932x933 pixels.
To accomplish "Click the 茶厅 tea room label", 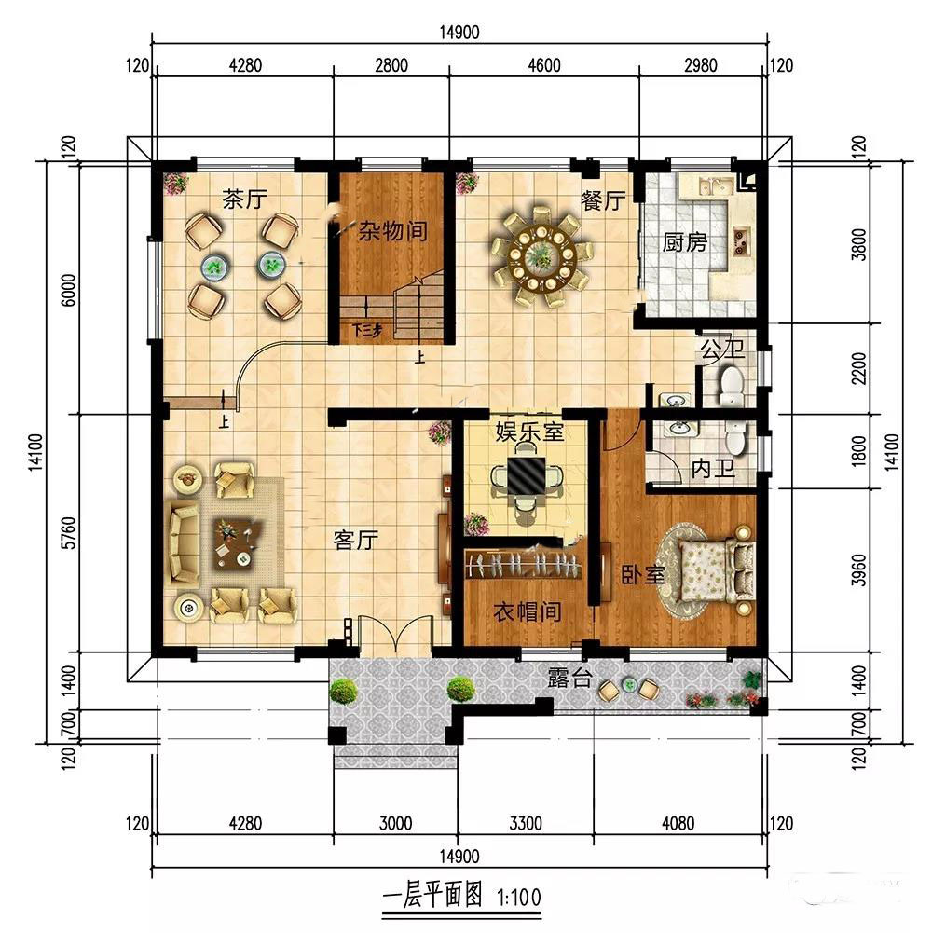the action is [244, 199].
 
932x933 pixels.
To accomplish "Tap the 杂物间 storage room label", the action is [392, 231].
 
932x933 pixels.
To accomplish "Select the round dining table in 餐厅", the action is [541, 257].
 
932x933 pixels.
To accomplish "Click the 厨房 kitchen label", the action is [685, 242].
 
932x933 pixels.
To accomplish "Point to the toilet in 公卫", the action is [732, 386].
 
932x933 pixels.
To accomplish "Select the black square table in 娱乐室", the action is [526, 475].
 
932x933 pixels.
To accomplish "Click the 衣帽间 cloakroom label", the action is [528, 611].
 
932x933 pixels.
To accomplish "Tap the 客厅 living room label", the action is [356, 541].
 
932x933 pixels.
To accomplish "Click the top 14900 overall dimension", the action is [459, 32].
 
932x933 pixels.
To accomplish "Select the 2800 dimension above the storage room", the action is [391, 65].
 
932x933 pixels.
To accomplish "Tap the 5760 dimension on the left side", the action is [69, 532].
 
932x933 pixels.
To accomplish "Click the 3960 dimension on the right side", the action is [858, 570].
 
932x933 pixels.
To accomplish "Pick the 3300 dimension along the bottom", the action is [526, 824].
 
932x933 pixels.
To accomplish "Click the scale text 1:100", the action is [519, 897].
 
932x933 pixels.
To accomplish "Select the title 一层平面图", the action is [432, 895].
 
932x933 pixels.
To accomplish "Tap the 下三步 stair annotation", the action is [367, 330].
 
